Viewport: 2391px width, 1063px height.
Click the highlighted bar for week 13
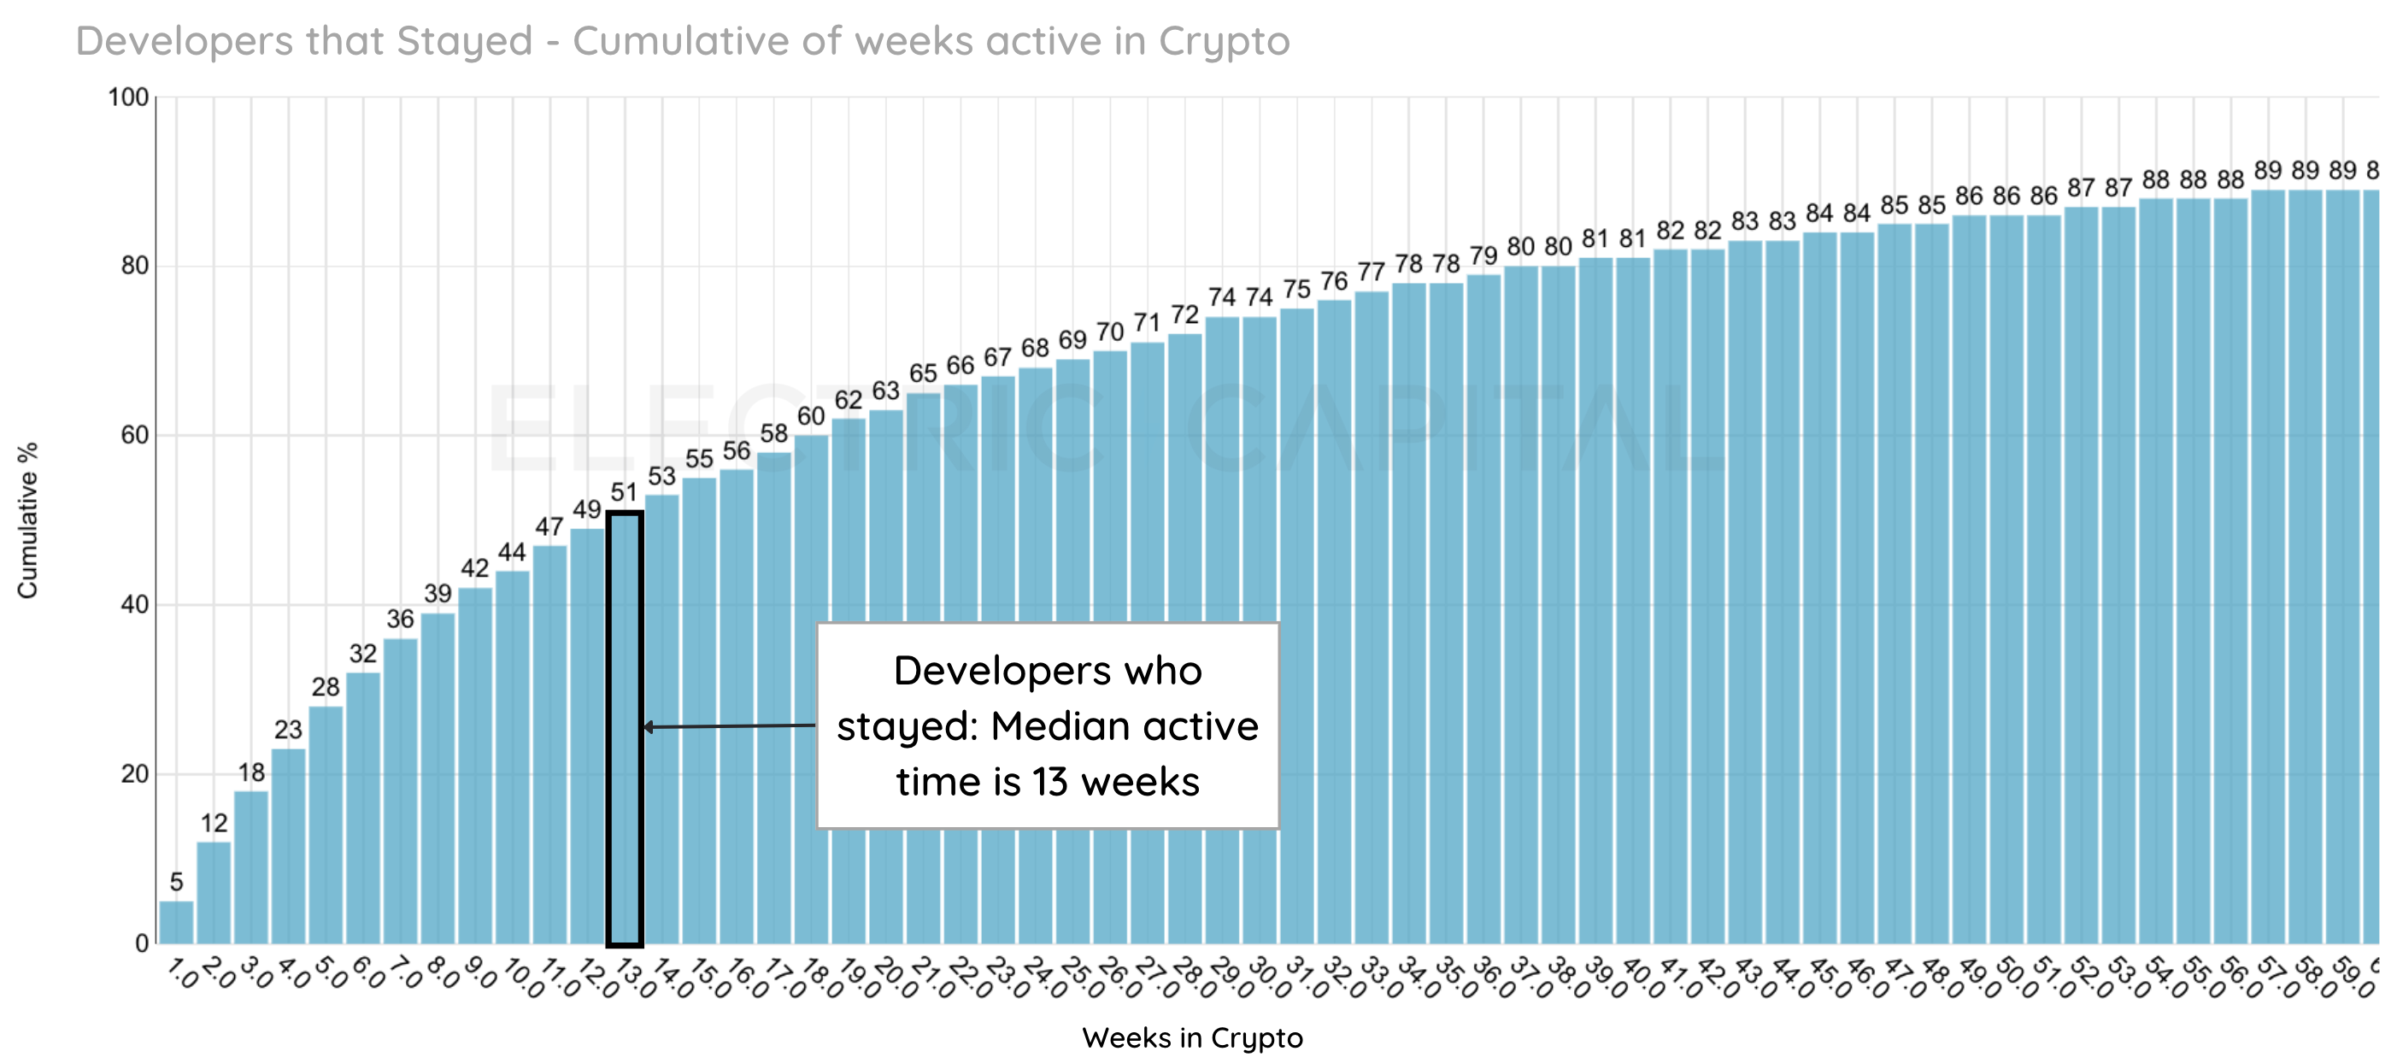point(625,729)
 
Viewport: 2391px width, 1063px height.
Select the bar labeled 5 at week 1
point(176,921)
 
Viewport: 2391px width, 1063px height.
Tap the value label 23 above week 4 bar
point(288,730)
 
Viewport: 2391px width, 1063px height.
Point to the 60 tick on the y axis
point(134,436)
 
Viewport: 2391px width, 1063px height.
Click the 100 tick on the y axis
point(128,97)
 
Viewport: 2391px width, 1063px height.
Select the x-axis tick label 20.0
point(888,978)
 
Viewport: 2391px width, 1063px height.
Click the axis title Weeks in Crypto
point(1192,1037)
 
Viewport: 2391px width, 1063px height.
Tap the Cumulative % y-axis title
point(28,520)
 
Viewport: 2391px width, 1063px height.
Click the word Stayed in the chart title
point(464,42)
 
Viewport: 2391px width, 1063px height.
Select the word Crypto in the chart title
point(1224,42)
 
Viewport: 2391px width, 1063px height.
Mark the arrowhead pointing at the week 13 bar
point(649,727)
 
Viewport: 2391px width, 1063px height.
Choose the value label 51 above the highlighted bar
point(624,492)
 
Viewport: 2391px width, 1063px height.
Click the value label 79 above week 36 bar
point(1483,255)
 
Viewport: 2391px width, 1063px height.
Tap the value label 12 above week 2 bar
point(214,823)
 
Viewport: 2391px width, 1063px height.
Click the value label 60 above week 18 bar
point(810,416)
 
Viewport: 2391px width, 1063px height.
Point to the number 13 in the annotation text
point(1049,783)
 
